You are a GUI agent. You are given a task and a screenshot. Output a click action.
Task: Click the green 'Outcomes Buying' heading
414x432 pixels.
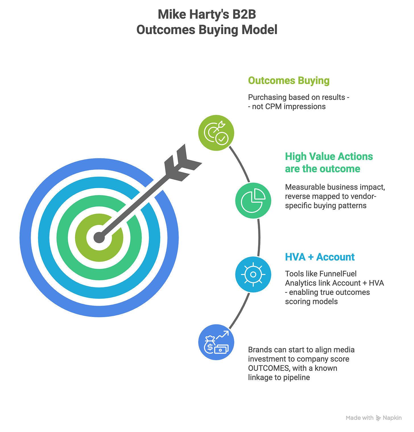289,80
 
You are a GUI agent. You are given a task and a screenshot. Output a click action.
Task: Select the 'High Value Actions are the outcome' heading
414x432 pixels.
329,162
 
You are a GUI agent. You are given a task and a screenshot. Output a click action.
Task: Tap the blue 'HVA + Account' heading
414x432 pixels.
320,257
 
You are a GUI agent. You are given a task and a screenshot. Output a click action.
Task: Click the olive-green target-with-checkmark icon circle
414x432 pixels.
216,133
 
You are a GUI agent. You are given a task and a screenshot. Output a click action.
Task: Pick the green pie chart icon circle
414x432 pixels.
253,200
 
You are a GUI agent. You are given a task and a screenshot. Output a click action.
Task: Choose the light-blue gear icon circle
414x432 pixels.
253,274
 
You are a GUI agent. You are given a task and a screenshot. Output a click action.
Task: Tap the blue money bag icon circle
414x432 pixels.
216,342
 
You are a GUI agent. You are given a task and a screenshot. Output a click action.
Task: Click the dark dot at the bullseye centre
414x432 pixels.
99,237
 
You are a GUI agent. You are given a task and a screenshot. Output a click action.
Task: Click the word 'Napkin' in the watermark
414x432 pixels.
392,418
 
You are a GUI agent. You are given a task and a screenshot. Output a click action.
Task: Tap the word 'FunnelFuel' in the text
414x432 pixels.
338,274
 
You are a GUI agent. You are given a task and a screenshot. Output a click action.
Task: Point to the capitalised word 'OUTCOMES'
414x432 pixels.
269,368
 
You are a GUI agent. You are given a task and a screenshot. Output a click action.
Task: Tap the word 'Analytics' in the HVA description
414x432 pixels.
301,283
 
